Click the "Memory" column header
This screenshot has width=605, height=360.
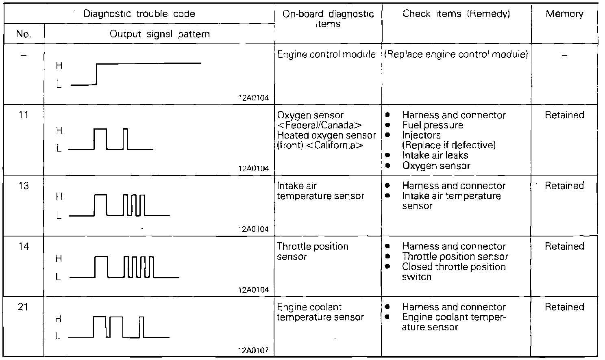point(564,14)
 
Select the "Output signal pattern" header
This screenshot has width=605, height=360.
point(160,34)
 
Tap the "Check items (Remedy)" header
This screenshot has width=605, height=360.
point(456,14)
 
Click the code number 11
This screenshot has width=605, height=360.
point(24,115)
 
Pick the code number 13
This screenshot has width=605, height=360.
point(24,186)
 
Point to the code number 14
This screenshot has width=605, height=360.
point(24,246)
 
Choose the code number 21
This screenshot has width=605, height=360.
point(24,307)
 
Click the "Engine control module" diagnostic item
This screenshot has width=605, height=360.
point(326,54)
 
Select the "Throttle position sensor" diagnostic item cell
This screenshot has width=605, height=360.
point(312,252)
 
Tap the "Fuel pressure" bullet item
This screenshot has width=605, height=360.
point(433,125)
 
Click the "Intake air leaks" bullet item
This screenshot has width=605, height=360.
point(435,155)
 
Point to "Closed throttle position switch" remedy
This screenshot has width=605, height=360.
point(453,272)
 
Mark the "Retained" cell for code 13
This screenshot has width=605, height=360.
point(564,186)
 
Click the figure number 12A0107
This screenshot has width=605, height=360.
point(253,351)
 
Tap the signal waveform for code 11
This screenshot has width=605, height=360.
point(111,139)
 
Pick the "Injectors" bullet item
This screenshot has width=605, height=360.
point(421,135)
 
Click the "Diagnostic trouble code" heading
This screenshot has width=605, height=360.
point(139,14)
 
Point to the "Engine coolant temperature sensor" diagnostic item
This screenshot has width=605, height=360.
point(320,312)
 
